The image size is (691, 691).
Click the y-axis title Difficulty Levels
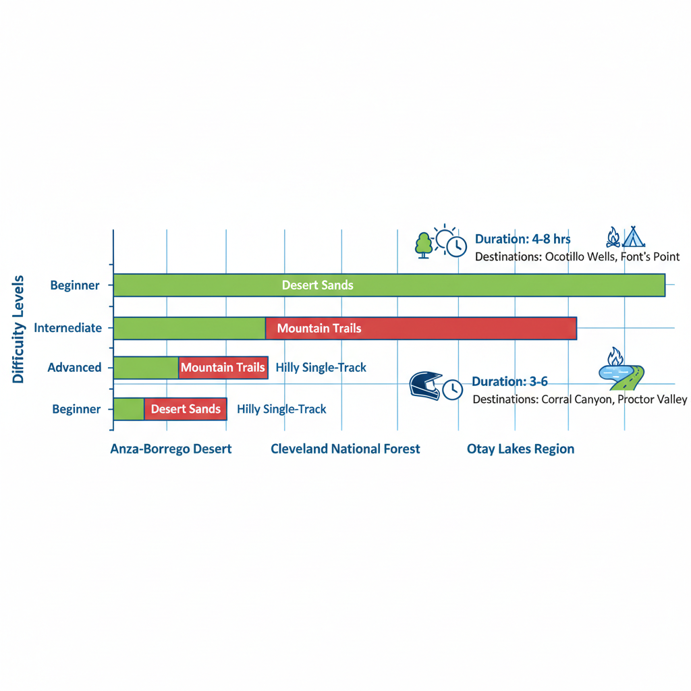point(18,329)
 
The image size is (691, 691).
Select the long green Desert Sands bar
point(389,285)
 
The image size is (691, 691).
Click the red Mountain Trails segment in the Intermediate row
point(421,329)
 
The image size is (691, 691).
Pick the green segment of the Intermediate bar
point(190,329)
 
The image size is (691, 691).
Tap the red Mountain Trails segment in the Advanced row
point(223,368)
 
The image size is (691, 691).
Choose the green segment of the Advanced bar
point(146,368)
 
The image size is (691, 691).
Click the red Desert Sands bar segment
point(186,409)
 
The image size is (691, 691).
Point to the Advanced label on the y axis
point(74,368)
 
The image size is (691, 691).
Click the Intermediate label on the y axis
point(68,328)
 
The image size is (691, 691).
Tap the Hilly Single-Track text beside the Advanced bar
point(321,368)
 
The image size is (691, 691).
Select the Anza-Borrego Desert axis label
point(171,449)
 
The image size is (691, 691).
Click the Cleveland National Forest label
point(345,449)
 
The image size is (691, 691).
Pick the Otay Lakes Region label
point(520,449)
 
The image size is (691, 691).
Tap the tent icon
point(634,237)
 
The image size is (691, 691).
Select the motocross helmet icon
point(425,385)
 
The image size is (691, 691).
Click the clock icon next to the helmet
point(452,389)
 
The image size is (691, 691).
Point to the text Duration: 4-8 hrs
point(523,240)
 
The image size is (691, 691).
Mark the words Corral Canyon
point(577,399)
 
